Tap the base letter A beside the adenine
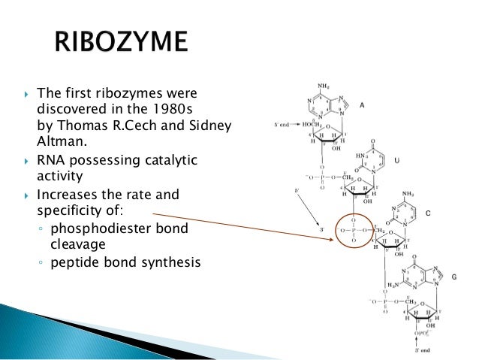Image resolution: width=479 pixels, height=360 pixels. (362, 106)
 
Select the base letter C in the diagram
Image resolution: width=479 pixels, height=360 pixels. (428, 213)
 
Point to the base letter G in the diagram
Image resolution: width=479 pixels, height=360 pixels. (455, 277)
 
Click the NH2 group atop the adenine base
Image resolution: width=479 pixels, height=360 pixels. (324, 85)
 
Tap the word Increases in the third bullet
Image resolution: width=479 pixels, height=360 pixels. (65, 195)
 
